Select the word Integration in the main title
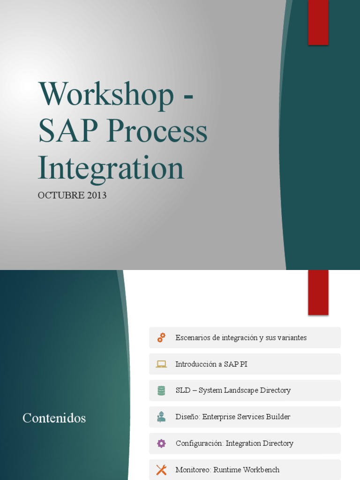tap(111, 168)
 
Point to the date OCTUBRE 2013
tap(72, 195)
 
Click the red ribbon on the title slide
tap(318, 22)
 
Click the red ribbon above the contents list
tap(318, 292)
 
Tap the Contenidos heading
tap(54, 418)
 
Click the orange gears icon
tap(161, 337)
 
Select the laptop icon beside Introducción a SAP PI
tap(161, 364)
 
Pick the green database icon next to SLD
tap(161, 390)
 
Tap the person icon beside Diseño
tap(161, 417)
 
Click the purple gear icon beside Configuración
tap(161, 443)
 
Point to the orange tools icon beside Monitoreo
tap(161, 470)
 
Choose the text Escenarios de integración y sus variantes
tap(241, 337)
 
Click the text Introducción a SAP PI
tap(211, 364)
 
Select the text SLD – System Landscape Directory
tap(233, 390)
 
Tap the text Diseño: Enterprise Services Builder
tap(233, 417)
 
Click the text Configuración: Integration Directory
tap(234, 443)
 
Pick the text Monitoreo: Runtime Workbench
tap(227, 470)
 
